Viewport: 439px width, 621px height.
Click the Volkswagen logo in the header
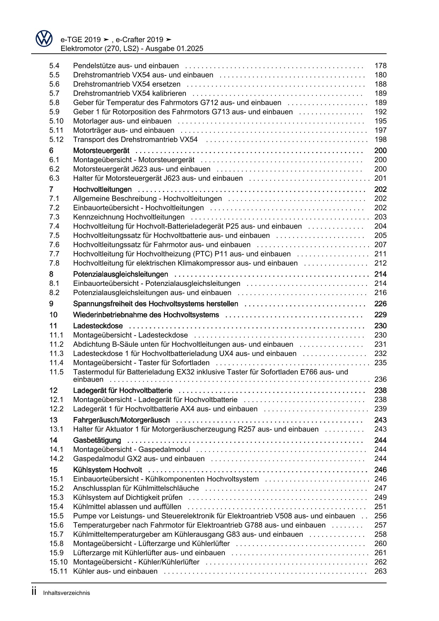pos(44,39)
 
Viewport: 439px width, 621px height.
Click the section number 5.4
pos(54,66)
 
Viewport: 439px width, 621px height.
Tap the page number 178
pos(380,66)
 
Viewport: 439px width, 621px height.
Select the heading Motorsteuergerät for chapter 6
pos(101,151)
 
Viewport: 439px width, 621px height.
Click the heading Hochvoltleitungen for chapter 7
pos(102,190)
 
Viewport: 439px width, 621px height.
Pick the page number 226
pos(380,304)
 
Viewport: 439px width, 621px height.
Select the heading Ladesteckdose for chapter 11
pos(98,326)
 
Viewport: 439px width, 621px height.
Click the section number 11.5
pos(56,372)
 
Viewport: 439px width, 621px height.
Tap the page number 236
pos(380,379)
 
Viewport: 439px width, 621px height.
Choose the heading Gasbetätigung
pos(97,440)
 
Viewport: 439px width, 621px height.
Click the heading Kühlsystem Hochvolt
pos(107,470)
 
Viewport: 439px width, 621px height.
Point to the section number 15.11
pos(58,571)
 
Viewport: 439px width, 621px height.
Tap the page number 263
pos(380,571)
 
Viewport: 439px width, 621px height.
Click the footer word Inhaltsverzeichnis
pos(67,593)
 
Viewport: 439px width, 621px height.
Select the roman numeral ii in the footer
pos(34,592)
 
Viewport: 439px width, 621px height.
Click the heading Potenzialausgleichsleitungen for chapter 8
pos(120,274)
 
